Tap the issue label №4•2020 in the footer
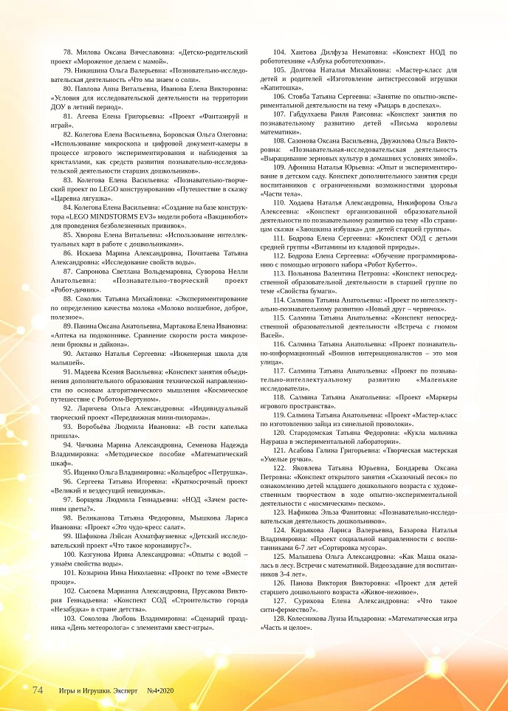[x=160, y=690]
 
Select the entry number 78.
[x=68, y=52]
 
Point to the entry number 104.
[x=280, y=52]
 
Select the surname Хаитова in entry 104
[x=303, y=52]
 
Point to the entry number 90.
[x=68, y=354]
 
